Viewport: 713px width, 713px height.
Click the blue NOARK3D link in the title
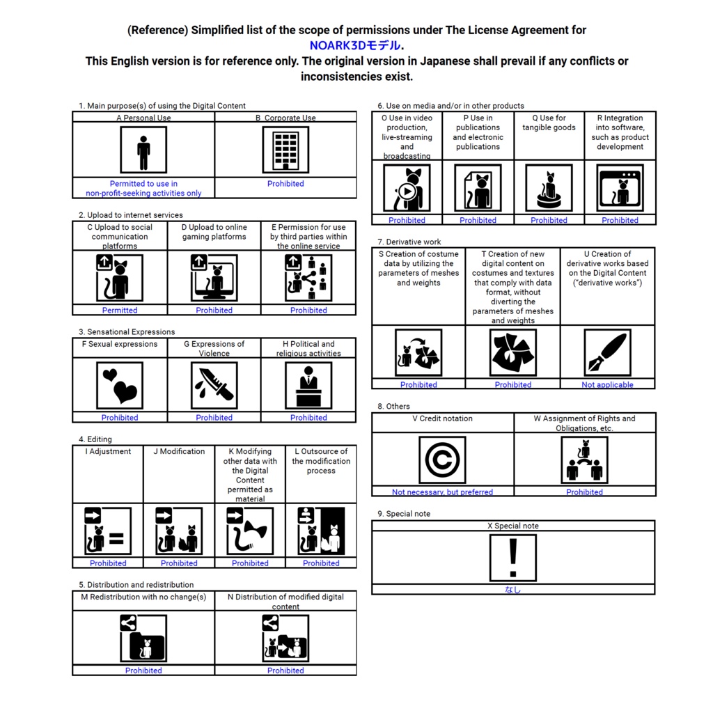tap(355, 45)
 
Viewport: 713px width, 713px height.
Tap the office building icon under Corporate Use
tap(285, 150)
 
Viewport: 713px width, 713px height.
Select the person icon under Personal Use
tap(143, 150)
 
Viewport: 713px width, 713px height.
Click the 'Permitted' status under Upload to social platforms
tap(120, 311)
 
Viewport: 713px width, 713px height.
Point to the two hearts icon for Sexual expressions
tap(120, 385)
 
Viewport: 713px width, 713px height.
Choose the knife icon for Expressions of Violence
tap(214, 385)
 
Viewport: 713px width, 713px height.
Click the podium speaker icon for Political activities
tap(308, 385)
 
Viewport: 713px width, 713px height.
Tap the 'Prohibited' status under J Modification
tap(179, 563)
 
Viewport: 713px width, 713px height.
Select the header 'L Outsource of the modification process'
tap(320, 461)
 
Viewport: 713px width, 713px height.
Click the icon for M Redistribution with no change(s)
tap(143, 638)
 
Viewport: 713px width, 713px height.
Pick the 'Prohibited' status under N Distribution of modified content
tap(285, 671)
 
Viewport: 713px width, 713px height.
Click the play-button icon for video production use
tap(407, 188)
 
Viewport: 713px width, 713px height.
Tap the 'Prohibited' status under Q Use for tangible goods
tap(549, 221)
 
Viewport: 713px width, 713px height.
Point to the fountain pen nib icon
tap(607, 352)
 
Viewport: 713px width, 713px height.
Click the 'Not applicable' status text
tap(607, 385)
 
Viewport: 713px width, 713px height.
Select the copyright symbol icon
tap(442, 460)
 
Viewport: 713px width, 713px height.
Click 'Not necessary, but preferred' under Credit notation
tap(442, 492)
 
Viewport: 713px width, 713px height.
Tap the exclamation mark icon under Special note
tap(513, 558)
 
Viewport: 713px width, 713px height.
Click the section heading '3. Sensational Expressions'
tap(127, 332)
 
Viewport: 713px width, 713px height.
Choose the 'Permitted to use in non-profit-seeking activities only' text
tap(143, 189)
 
